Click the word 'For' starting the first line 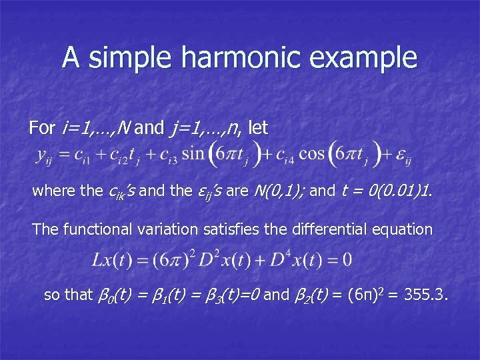tap(43, 126)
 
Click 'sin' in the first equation tap(193, 155)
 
